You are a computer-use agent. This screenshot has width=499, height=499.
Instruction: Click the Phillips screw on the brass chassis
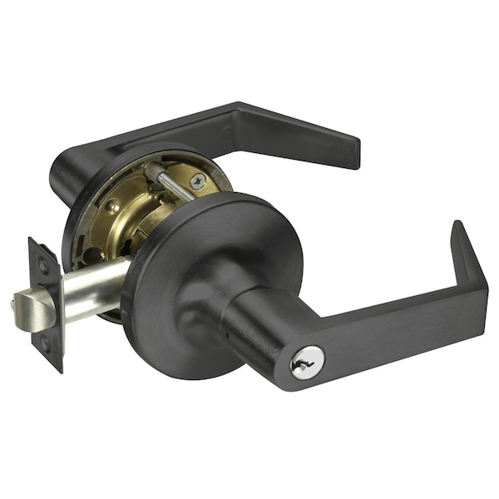(x=198, y=180)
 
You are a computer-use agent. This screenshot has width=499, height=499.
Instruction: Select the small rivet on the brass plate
(x=111, y=205)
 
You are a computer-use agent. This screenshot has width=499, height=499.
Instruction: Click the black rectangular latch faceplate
(x=46, y=304)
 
